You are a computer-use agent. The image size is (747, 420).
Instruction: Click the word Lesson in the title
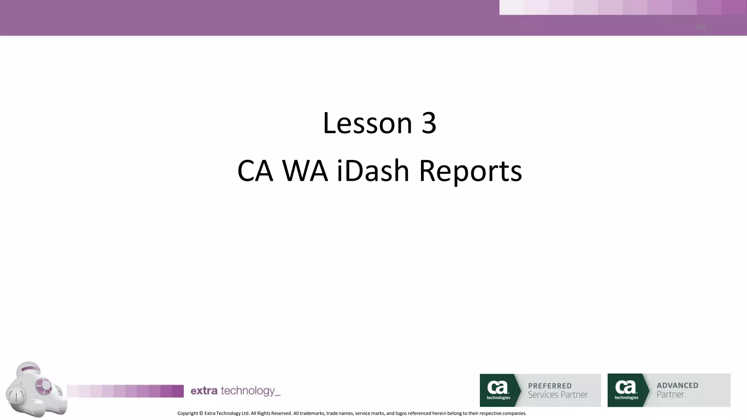[367, 123]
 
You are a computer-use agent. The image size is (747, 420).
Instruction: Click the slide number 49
[700, 27]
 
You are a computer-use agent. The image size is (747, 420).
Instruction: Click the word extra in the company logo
[204, 391]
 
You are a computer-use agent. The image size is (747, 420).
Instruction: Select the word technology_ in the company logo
[251, 391]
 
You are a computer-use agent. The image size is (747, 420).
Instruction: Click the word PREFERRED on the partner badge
[550, 386]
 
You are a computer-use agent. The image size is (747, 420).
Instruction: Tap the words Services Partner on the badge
[558, 395]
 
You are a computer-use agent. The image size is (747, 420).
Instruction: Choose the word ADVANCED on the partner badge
[677, 385]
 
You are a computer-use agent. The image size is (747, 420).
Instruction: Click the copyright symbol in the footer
[201, 413]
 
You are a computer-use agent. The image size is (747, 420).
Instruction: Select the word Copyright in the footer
[188, 413]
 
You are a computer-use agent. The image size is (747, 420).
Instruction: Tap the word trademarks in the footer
[312, 413]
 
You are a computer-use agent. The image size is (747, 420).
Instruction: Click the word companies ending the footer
[514, 413]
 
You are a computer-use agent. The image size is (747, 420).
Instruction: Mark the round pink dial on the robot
[44, 385]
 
